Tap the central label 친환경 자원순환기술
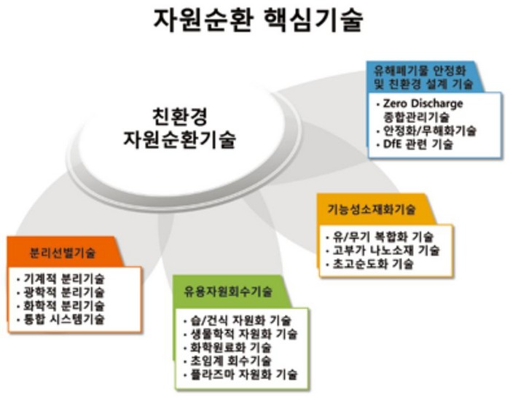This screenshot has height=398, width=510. pos(179,128)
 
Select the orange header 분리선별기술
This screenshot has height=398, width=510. pos(63,253)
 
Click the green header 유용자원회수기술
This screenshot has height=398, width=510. pos(227,292)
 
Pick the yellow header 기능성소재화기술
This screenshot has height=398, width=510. pos(371,209)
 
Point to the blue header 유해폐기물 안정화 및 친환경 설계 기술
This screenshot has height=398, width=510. pos(423,77)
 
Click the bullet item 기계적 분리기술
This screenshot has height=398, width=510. pos(64,279)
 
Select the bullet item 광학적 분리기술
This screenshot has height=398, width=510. pos(64,292)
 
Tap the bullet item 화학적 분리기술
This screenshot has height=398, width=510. pos(64,305)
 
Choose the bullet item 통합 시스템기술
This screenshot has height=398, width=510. pos(64,319)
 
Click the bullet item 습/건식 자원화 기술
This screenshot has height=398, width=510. pos(240,321)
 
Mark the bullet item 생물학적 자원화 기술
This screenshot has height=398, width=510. pos(244,334)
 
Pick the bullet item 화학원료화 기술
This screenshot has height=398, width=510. pos(231,348)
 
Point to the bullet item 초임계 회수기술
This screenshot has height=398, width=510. pos(231,361)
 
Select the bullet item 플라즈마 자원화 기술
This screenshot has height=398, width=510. pos(244,374)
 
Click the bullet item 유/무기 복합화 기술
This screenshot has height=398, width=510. pos(382,237)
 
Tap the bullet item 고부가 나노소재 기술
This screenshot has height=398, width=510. pos(386,250)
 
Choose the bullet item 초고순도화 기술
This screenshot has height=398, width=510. pos(373,263)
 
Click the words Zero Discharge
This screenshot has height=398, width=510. pos(423,104)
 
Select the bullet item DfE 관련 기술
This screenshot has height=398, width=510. pos(417,144)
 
